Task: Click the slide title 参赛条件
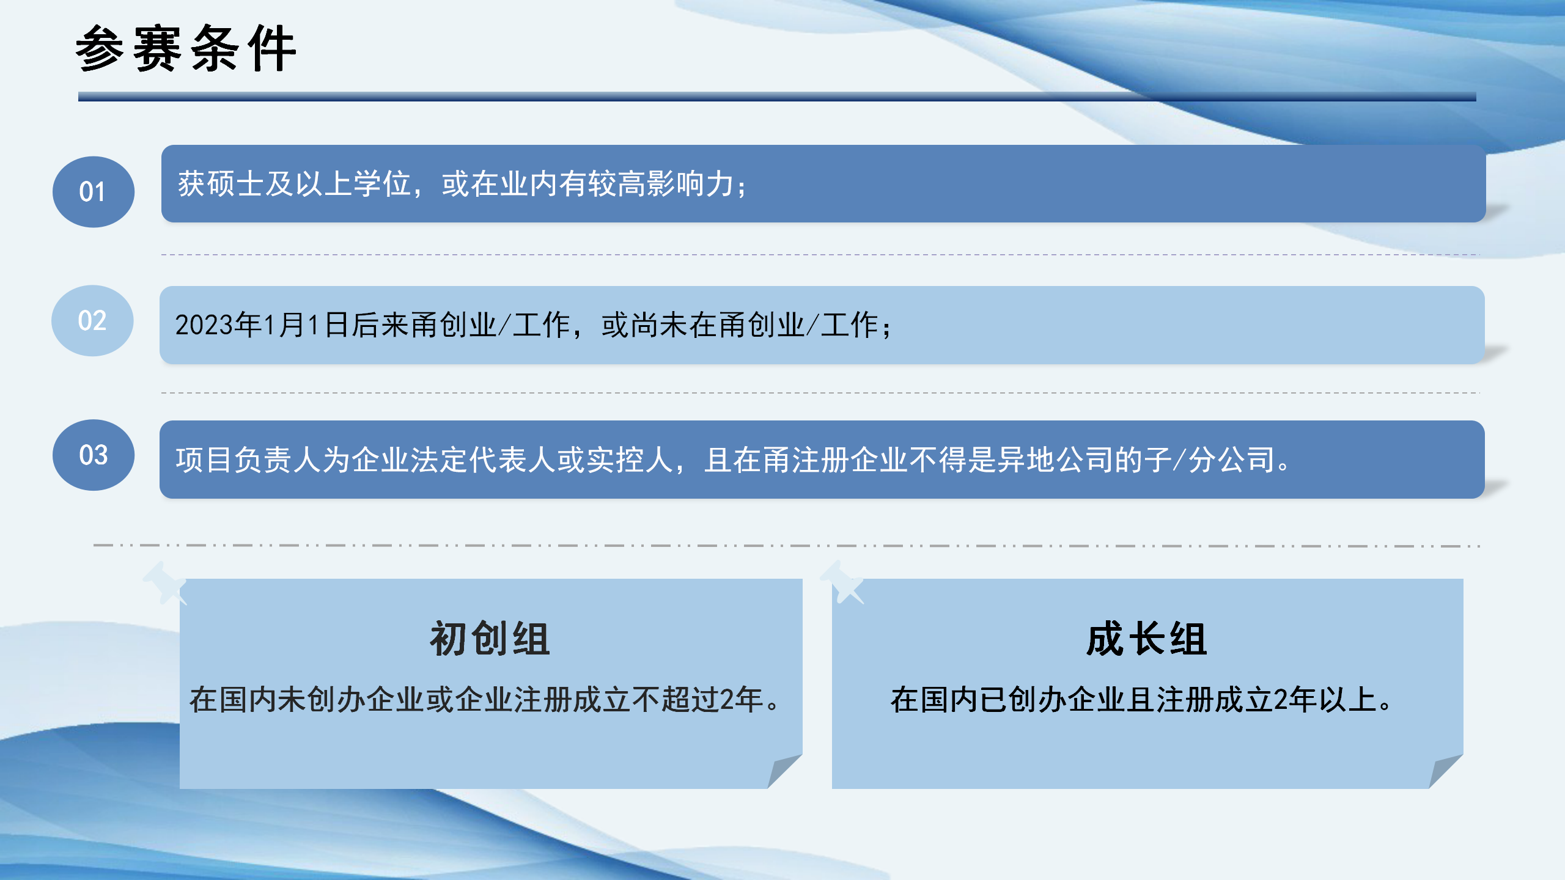(186, 49)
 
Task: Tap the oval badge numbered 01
(93, 192)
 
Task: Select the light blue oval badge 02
(92, 321)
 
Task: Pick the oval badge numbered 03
(93, 455)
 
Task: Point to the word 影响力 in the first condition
(691, 184)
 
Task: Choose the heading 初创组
(490, 639)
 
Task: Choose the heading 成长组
(1147, 639)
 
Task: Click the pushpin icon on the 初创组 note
(164, 582)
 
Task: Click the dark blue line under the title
(776, 97)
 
